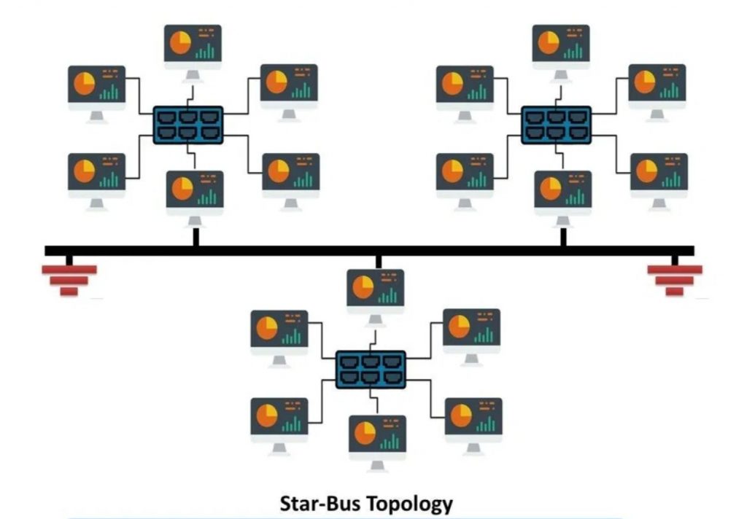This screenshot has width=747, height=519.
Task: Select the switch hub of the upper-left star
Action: tap(188, 125)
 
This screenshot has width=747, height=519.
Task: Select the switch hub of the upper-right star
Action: tap(556, 125)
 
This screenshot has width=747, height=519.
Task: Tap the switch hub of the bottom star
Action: tap(371, 368)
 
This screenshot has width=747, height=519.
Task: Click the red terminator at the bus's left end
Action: tap(69, 278)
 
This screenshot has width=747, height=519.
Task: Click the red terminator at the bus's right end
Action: tap(675, 278)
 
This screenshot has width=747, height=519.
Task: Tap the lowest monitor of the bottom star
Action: tap(377, 434)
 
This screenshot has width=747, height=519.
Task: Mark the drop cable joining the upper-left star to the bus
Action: tap(196, 237)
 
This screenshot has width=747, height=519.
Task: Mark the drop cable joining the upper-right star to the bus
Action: tap(562, 237)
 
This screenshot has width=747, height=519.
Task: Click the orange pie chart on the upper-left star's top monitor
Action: tap(180, 42)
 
